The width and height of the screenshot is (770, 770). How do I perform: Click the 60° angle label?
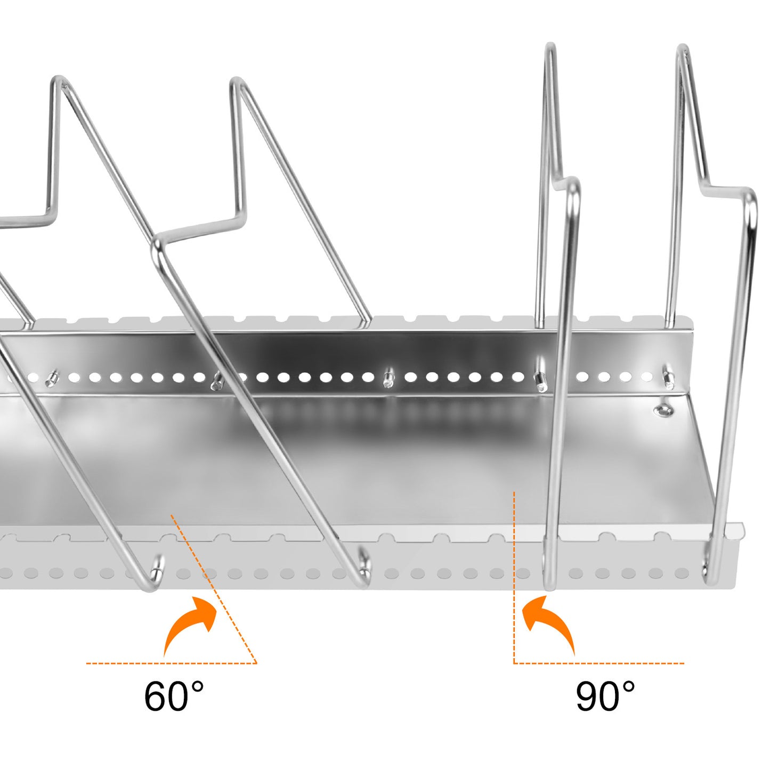[174, 696]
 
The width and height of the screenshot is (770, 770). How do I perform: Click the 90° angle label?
[605, 696]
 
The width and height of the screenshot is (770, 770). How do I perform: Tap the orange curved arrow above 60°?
[190, 623]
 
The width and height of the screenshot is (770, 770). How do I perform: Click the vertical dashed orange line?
[514, 576]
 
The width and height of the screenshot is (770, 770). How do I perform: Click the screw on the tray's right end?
[662, 410]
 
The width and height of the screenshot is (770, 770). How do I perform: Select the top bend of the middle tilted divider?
[238, 83]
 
